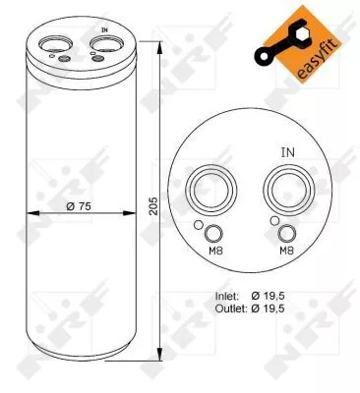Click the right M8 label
(286, 251)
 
